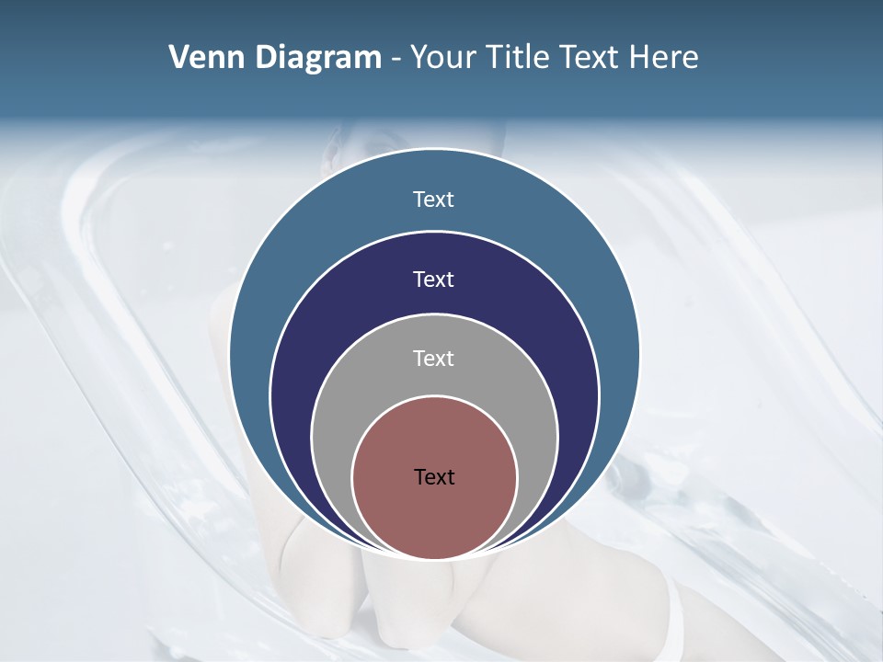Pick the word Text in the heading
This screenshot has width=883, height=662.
591,58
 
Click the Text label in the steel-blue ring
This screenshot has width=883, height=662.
434,200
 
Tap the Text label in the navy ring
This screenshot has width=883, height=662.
434,280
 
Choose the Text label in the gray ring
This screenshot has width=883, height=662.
434,359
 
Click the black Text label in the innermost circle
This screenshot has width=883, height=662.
434,477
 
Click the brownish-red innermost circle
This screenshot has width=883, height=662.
434,515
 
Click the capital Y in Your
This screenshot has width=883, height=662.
418,58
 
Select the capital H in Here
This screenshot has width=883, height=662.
639,58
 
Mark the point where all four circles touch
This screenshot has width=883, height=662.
434,559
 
